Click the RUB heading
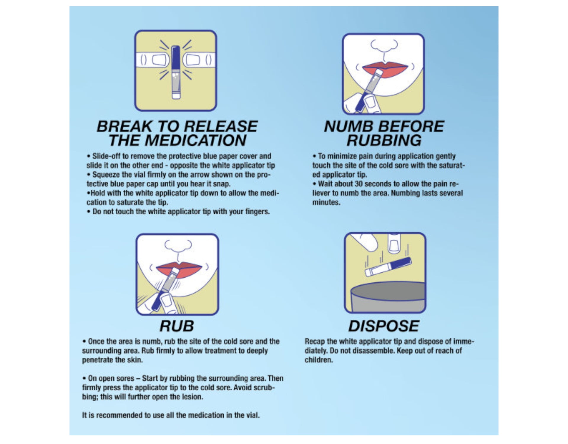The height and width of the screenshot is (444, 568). click(x=177, y=326)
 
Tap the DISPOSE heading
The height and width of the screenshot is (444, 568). click(x=384, y=326)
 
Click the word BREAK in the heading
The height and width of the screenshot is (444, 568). click(x=124, y=126)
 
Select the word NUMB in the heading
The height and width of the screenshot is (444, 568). click(x=348, y=126)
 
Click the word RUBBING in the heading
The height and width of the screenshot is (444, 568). click(x=384, y=140)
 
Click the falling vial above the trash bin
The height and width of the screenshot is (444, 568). click(x=388, y=266)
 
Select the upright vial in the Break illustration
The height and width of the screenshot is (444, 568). click(x=176, y=73)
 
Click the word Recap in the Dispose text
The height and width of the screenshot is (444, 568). click(x=314, y=342)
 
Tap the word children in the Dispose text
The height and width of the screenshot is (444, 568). click(x=319, y=360)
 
